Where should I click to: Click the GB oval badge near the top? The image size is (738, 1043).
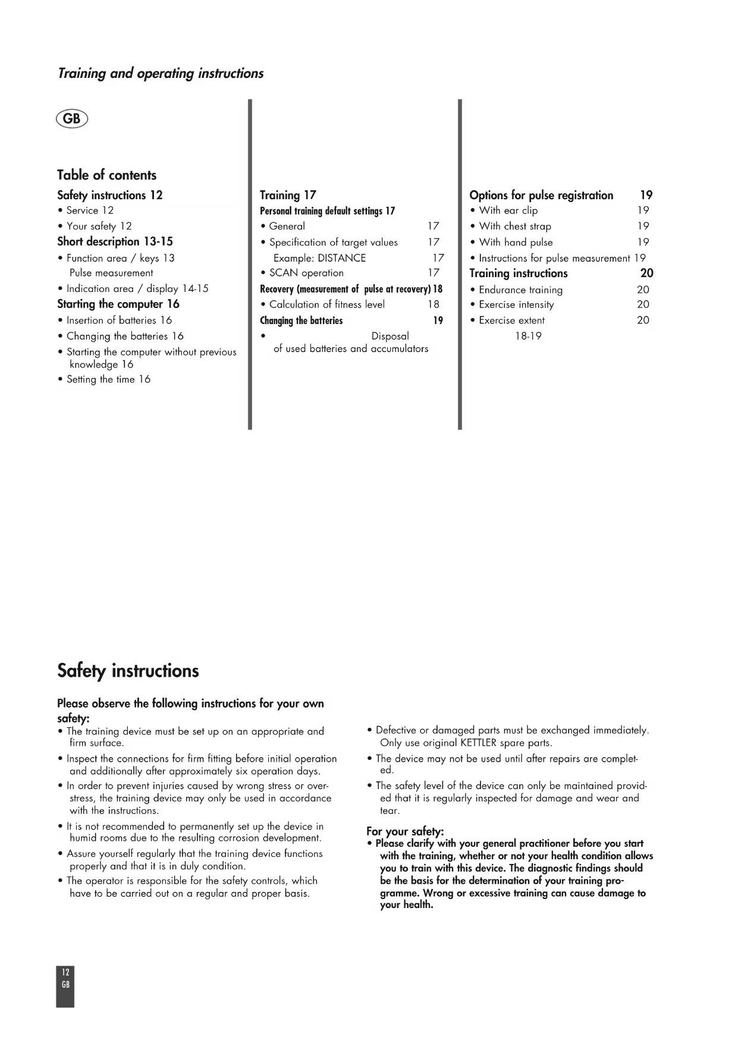pyautogui.click(x=71, y=119)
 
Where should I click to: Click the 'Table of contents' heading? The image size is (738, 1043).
pyautogui.click(x=106, y=175)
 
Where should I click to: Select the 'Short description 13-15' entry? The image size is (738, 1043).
pyautogui.click(x=115, y=241)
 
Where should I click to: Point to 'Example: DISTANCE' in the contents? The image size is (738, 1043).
pyautogui.click(x=319, y=258)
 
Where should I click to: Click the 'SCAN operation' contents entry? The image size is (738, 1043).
pyautogui.click(x=306, y=273)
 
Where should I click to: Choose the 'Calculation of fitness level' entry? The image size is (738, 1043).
pyautogui.click(x=326, y=304)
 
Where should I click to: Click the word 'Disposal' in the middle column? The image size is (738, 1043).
pyautogui.click(x=390, y=336)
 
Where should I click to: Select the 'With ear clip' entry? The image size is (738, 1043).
pyautogui.click(x=508, y=211)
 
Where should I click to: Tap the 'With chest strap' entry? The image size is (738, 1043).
pyautogui.click(x=514, y=226)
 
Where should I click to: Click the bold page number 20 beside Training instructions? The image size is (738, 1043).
pyautogui.click(x=646, y=274)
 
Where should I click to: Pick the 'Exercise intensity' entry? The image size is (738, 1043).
pyautogui.click(x=516, y=304)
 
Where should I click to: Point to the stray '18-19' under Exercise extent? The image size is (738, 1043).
pyautogui.click(x=528, y=336)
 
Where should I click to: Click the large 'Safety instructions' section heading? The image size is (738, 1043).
pyautogui.click(x=128, y=671)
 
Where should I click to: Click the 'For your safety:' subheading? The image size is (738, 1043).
pyautogui.click(x=405, y=831)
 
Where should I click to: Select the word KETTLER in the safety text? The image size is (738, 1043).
pyautogui.click(x=478, y=743)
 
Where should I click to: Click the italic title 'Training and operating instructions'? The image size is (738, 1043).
pyautogui.click(x=161, y=74)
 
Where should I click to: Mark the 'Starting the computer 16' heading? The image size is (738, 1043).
pyautogui.click(x=118, y=304)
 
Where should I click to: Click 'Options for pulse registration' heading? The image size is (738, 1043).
pyautogui.click(x=541, y=195)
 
